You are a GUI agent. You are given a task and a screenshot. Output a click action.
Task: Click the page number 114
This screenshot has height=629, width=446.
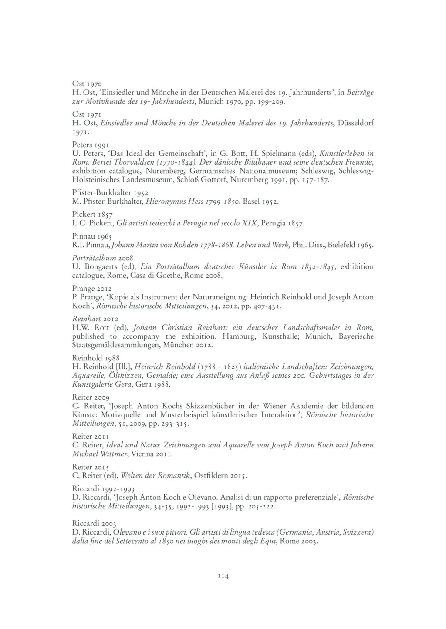click(x=223, y=576)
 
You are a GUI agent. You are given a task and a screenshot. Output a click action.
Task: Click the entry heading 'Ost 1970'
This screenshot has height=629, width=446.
click(x=87, y=83)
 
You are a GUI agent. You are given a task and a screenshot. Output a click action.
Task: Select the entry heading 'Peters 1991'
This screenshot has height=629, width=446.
click(x=90, y=144)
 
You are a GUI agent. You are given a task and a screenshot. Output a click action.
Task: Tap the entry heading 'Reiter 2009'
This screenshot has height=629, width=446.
click(x=91, y=397)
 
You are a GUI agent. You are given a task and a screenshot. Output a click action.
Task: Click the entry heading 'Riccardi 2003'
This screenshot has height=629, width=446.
click(x=94, y=523)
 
